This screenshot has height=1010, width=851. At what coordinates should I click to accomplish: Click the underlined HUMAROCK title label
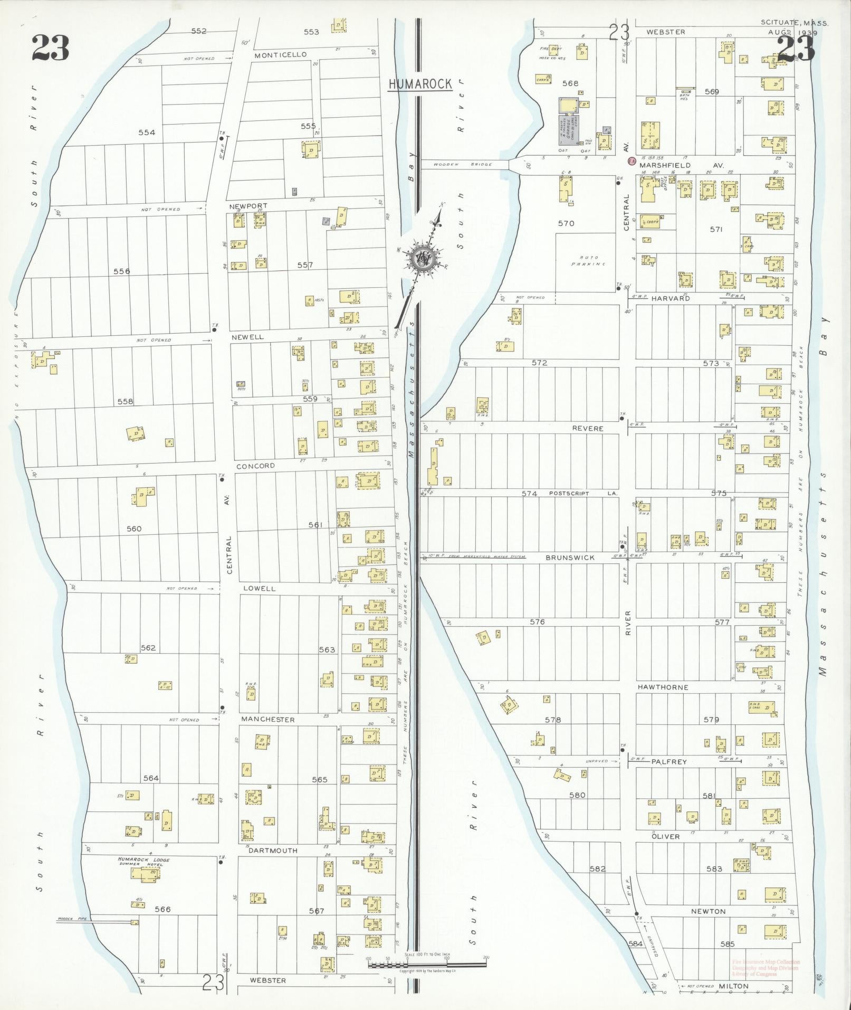(x=420, y=83)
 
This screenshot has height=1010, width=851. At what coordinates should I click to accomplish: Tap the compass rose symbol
(x=424, y=257)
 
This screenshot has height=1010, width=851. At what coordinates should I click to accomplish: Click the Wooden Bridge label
(x=463, y=165)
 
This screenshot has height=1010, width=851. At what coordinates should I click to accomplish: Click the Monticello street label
(x=280, y=55)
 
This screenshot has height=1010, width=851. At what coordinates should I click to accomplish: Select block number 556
(x=121, y=271)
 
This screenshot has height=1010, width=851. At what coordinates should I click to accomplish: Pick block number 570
(x=566, y=223)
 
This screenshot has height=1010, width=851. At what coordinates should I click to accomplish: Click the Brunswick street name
(x=570, y=558)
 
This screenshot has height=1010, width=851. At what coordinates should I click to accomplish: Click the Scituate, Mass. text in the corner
(x=795, y=23)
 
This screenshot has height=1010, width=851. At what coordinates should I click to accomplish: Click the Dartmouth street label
(x=273, y=851)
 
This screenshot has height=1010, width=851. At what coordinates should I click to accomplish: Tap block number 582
(x=598, y=869)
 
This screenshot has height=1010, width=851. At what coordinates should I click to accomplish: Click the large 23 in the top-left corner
(x=50, y=48)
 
